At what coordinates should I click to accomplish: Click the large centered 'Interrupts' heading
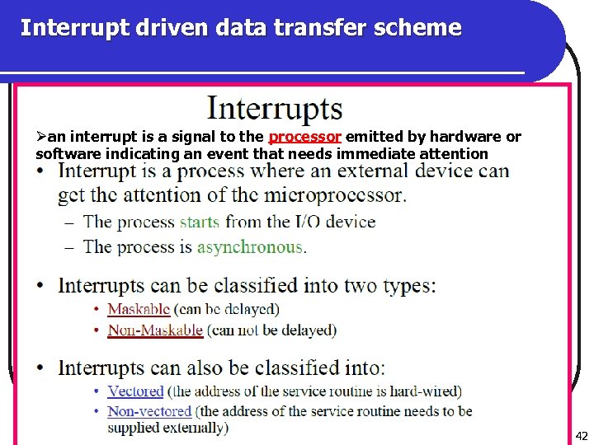tap(275, 109)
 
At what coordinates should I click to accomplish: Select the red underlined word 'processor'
tap(305, 137)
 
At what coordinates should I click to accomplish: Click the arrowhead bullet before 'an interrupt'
tap(41, 137)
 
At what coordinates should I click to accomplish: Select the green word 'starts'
tap(199, 222)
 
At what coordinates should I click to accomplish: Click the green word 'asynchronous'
tap(250, 246)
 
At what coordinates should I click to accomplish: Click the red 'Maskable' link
tap(139, 309)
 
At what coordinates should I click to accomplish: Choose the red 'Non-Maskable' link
tap(155, 330)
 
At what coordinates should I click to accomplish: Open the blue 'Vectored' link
tap(135, 391)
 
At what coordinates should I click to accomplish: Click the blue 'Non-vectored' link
tap(149, 410)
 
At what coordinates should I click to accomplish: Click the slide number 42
tap(582, 436)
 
